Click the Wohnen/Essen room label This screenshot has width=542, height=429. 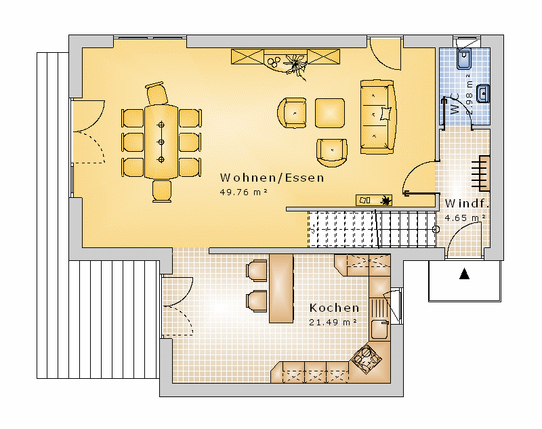point(272,178)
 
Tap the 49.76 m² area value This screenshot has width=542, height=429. point(244,192)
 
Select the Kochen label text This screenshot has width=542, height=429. point(334,308)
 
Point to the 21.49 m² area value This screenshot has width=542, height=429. point(333,322)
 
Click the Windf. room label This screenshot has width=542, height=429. point(467,203)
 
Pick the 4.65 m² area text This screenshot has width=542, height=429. point(465,218)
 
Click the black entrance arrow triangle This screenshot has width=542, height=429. point(464,274)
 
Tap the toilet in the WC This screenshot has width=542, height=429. point(464,59)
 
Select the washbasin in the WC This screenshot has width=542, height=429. point(483,94)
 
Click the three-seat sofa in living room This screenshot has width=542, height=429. point(378,117)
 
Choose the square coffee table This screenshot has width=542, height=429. point(330,113)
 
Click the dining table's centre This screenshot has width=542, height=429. point(161,142)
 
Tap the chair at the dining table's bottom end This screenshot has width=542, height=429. point(162,191)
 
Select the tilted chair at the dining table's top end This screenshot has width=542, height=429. point(157,93)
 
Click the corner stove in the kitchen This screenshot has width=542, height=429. point(366,359)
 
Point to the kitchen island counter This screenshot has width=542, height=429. point(281,289)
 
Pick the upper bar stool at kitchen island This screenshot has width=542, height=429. point(256,270)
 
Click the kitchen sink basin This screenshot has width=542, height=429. point(379,329)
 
